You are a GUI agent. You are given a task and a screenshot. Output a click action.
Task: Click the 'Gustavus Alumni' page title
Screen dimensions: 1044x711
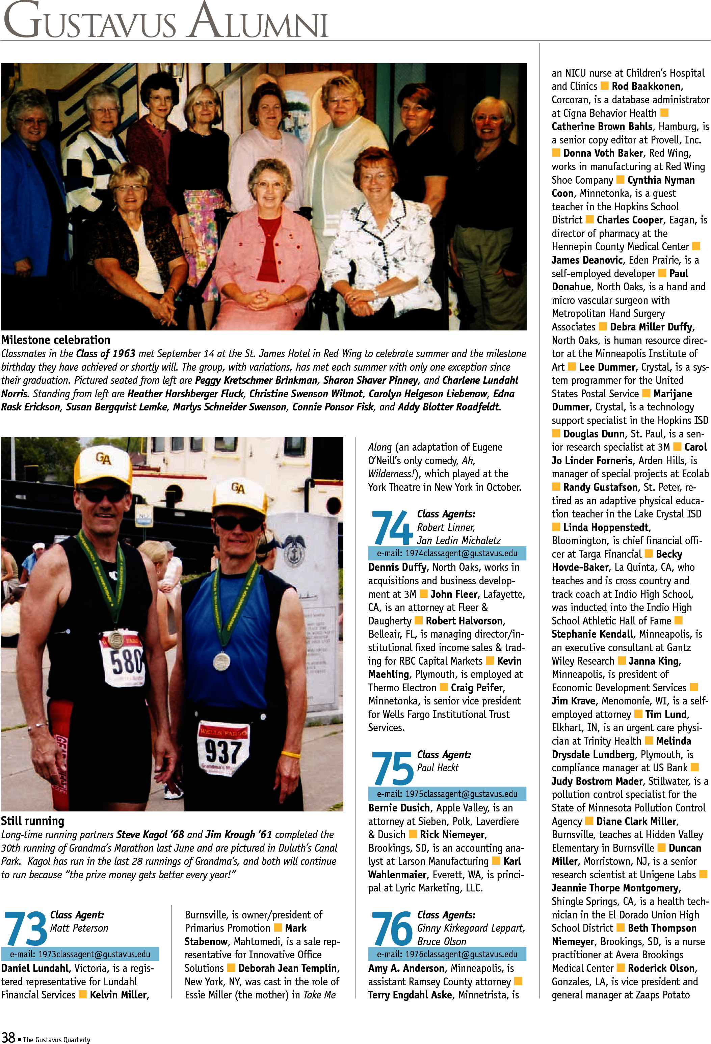(165, 22)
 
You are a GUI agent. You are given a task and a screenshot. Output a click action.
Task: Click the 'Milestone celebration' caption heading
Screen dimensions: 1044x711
(56, 340)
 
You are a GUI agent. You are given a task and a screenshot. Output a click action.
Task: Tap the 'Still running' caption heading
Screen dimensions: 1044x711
(32, 821)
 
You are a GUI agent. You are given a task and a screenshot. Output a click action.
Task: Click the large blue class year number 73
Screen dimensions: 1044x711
(25, 928)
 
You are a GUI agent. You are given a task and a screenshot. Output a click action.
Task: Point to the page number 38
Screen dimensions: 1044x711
(8, 1037)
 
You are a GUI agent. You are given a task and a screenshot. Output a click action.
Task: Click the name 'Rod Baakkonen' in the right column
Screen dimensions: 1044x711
(647, 86)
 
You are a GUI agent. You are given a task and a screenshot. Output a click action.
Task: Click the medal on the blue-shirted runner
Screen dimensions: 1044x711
(221, 661)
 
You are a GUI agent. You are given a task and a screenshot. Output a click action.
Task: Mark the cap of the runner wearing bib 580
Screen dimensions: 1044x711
(103, 464)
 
